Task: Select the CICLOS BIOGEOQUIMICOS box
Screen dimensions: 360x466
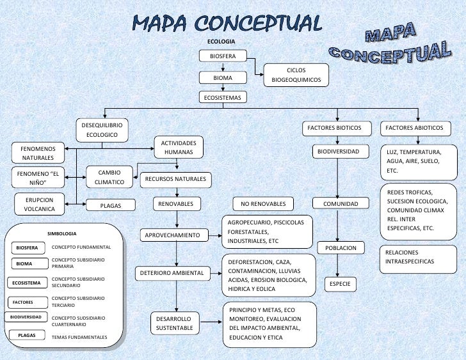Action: point(296,75)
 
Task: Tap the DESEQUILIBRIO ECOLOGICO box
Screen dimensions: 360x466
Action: point(102,130)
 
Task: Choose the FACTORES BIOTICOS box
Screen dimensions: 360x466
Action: point(334,128)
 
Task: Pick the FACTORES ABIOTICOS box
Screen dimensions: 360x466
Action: point(414,128)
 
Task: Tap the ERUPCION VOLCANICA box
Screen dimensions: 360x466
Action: point(39,204)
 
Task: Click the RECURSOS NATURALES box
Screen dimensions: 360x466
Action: point(175,179)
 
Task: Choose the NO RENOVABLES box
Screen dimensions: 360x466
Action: point(263,205)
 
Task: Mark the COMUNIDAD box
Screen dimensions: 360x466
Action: point(341,204)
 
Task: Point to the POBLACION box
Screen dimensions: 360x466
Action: point(341,248)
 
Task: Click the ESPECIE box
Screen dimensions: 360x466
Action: point(341,284)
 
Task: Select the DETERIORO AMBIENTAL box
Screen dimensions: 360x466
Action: point(171,274)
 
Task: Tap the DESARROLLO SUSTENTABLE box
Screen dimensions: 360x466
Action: point(173,323)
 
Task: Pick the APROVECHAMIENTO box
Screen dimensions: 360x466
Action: point(173,235)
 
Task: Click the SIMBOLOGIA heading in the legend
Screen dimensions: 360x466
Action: point(62,234)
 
